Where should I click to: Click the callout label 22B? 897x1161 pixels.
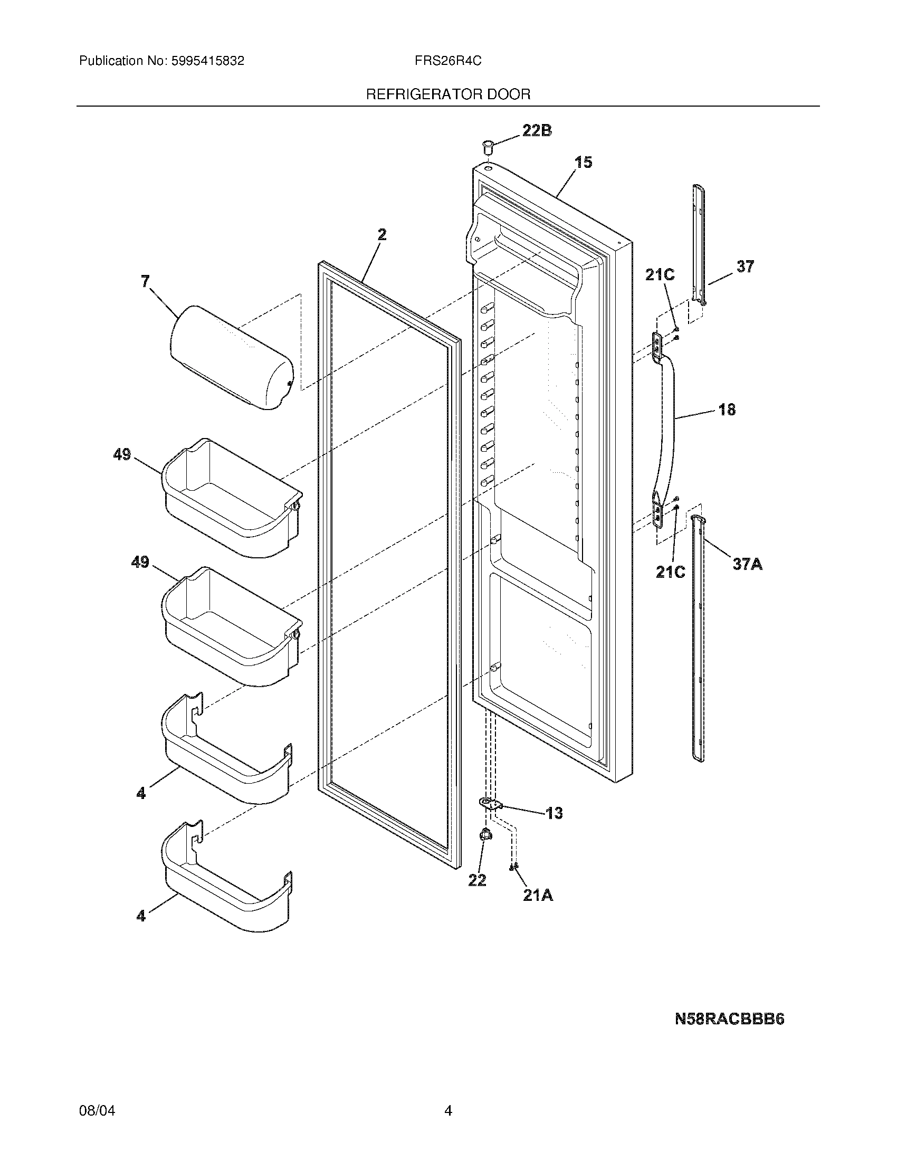[537, 130]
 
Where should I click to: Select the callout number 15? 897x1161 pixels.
[584, 162]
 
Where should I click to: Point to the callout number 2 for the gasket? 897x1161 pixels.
[382, 234]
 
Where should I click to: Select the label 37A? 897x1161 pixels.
[747, 564]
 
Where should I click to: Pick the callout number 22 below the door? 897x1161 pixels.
[477, 881]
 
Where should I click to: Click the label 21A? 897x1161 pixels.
[538, 896]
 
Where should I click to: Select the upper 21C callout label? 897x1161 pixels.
[660, 274]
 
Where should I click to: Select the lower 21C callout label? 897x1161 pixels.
[670, 572]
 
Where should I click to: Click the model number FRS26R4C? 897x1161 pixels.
[448, 61]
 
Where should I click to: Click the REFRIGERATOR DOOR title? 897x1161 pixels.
[448, 94]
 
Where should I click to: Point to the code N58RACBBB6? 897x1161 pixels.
[729, 1019]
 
